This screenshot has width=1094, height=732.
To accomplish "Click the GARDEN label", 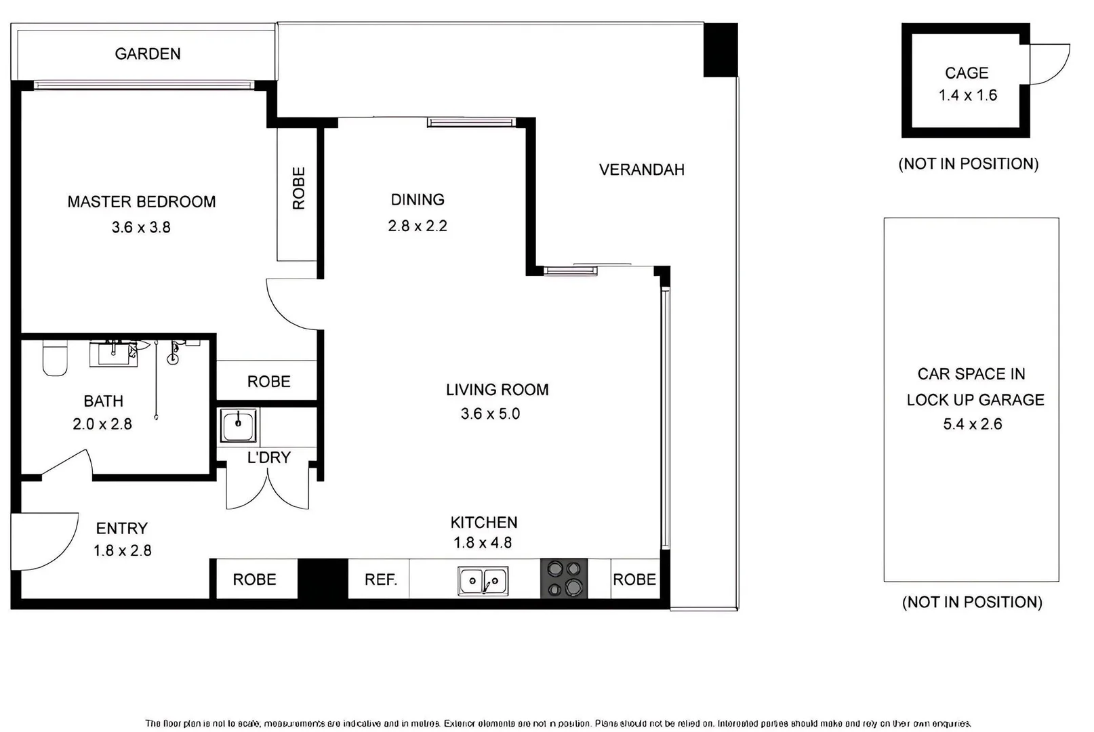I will tap(147, 54).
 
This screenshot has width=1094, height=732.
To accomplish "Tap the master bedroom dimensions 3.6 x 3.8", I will tap(141, 227).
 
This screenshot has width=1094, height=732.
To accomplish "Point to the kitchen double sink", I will tap(483, 581).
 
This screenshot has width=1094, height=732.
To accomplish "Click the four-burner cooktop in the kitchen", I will tap(564, 578).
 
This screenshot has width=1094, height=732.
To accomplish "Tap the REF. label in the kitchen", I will tap(380, 579).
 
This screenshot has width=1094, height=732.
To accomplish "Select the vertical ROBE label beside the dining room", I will tap(298, 188).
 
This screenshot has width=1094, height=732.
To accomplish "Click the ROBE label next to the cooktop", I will tap(634, 579).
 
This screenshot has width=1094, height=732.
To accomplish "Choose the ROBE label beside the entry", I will tap(254, 579).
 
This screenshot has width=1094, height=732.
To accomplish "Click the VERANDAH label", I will tap(641, 169).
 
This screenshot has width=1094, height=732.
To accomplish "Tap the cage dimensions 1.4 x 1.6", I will tap(967, 96).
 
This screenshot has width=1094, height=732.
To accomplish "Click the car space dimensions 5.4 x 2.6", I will tap(972, 424).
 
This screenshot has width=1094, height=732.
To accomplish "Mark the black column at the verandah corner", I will tap(720, 49).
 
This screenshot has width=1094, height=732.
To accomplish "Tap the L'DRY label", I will tap(268, 457).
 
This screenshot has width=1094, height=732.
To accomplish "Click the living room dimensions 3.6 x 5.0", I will tap(490, 413).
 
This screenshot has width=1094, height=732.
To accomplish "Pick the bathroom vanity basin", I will tap(114, 354).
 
